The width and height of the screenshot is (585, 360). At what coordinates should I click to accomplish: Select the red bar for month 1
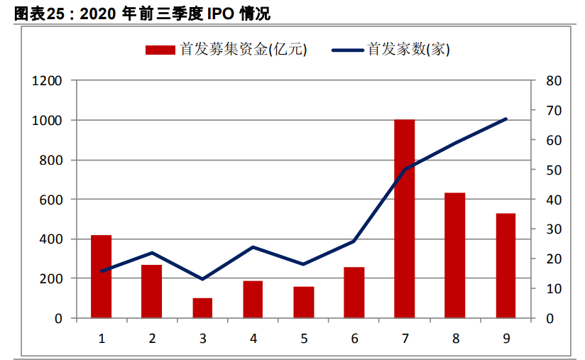pos(101,276)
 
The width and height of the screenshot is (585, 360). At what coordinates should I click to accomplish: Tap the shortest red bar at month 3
pos(202,308)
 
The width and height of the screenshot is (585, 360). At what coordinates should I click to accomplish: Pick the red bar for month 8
pos(454,256)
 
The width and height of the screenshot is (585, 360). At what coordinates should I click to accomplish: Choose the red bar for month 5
pos(304,302)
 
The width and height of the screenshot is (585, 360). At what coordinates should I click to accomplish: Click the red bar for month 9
pos(505,266)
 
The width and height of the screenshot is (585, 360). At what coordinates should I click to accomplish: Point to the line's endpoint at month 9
pos(505,119)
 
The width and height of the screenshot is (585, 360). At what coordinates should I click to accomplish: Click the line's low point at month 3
pos(202,279)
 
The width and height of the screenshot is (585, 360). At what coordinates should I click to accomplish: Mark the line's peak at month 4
pos(253,247)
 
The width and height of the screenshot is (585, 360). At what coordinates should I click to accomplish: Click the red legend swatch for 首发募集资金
pos(160,50)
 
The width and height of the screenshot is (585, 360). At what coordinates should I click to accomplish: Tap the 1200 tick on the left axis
pos(48,81)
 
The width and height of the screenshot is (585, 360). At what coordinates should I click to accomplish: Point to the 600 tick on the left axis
pos(51,200)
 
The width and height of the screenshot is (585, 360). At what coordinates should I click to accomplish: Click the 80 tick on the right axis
pos(554,81)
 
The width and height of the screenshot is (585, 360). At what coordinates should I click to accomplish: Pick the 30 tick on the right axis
pos(554,229)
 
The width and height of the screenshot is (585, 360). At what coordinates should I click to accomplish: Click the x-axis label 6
pos(354,338)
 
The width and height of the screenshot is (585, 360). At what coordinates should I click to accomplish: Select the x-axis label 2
pos(152,338)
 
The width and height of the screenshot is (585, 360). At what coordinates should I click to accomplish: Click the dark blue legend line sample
pos(346,50)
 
